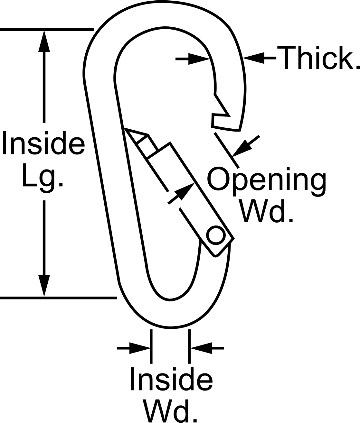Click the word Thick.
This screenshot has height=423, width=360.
(x=318, y=58)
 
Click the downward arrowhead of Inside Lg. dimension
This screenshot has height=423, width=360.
(x=44, y=285)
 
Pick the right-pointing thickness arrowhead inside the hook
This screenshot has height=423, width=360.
(x=199, y=59)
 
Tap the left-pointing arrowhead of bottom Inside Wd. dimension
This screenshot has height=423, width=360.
(x=201, y=348)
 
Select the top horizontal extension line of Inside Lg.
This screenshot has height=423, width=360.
(x=47, y=30)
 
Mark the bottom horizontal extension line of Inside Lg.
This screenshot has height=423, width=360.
(x=59, y=298)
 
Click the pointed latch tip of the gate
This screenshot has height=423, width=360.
(x=124, y=129)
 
